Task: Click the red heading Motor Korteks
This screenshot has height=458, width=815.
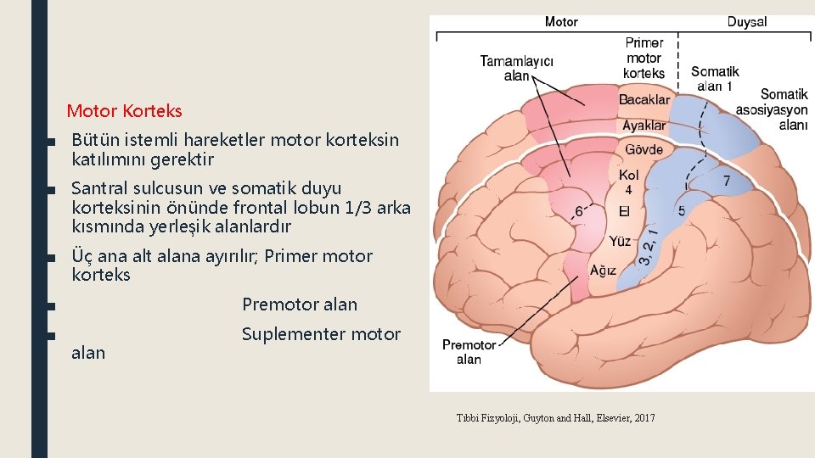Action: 124,111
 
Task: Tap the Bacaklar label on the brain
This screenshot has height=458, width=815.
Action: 644,100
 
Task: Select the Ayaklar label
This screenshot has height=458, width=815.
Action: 644,126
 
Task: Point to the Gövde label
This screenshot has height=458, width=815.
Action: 644,150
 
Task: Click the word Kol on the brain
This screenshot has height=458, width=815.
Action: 629,175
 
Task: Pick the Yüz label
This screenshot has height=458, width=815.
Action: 621,242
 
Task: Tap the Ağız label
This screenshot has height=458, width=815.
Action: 603,271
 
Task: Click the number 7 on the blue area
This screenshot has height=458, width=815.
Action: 726,181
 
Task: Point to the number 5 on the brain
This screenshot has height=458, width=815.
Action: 682,209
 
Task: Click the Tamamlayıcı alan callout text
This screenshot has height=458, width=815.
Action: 517,68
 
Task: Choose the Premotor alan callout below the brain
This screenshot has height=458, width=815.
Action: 469,352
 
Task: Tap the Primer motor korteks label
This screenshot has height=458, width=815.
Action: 644,58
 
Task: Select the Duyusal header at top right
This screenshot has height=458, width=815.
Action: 746,22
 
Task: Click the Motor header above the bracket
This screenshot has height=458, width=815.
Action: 561,22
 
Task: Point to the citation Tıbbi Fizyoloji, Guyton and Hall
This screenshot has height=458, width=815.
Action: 555,417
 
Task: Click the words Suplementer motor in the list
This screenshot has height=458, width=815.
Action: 321,334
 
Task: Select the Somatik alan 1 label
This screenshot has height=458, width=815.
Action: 714,79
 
